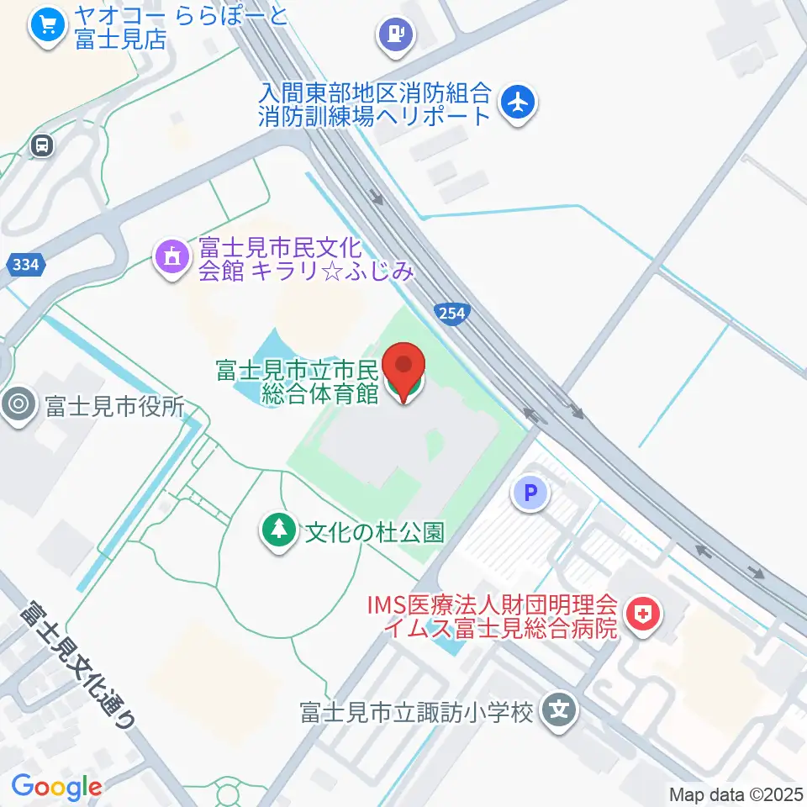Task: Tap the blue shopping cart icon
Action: tap(48, 25)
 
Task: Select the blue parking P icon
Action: tap(530, 494)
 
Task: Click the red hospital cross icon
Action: tap(645, 615)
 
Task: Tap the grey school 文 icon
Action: tap(558, 712)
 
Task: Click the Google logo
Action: tap(56, 786)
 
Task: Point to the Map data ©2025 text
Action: tap(736, 794)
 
